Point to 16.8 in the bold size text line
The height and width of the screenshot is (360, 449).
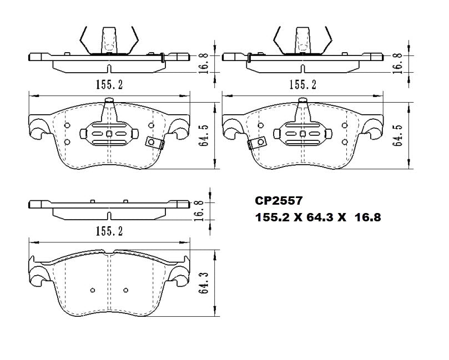367,218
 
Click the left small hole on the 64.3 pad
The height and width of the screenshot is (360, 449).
93,290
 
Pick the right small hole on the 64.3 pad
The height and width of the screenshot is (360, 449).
125,290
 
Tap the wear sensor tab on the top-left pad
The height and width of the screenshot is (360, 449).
155,143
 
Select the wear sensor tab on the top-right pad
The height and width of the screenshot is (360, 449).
255,143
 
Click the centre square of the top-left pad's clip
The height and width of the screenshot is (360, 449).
109,134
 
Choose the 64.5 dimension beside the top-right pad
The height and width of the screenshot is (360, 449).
397,134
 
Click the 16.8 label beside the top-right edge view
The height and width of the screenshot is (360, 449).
397,63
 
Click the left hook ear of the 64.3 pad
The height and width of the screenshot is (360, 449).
38,276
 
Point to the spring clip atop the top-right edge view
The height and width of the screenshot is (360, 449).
303,40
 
